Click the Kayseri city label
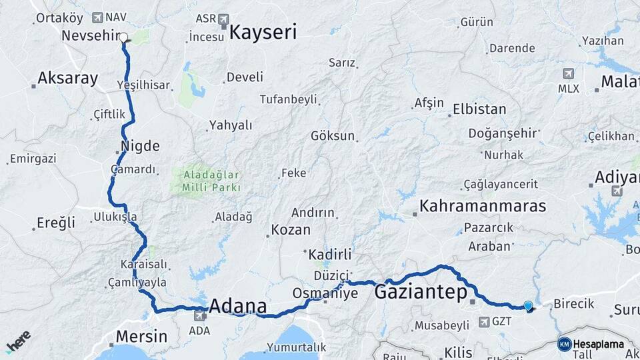click(263, 32)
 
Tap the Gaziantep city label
click(420, 291)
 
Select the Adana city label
click(238, 307)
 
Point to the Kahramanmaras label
click(483, 205)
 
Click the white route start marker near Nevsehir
click(123, 37)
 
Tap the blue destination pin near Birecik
click(528, 306)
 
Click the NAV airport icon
click(99, 17)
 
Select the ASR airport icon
click(223, 19)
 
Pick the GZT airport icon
click(484, 321)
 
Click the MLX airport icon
click(568, 73)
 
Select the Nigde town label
click(140, 145)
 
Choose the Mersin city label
click(141, 336)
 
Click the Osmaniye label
click(325, 294)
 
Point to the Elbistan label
click(479, 109)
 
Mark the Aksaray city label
click(67, 78)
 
